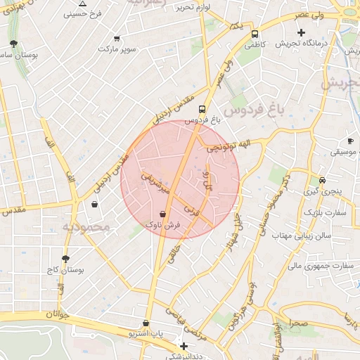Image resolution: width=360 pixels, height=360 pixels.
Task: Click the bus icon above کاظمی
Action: point(254,33)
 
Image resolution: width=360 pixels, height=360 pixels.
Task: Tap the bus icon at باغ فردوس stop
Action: point(202,109)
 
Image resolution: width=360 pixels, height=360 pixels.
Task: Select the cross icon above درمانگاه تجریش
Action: point(302,32)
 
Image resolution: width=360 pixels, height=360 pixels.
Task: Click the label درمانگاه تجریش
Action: point(302,44)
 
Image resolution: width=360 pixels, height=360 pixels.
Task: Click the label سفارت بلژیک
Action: point(321,211)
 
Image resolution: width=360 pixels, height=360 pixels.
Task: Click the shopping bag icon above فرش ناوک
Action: point(163,214)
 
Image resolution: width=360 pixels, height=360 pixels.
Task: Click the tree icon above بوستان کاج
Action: point(66,259)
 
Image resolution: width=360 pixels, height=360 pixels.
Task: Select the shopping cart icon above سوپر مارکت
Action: point(116,39)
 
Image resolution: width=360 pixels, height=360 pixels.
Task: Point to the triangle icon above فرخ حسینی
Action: point(83,4)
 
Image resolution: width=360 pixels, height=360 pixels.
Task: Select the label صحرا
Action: point(297,323)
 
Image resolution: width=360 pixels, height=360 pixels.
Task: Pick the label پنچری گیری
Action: point(322,191)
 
